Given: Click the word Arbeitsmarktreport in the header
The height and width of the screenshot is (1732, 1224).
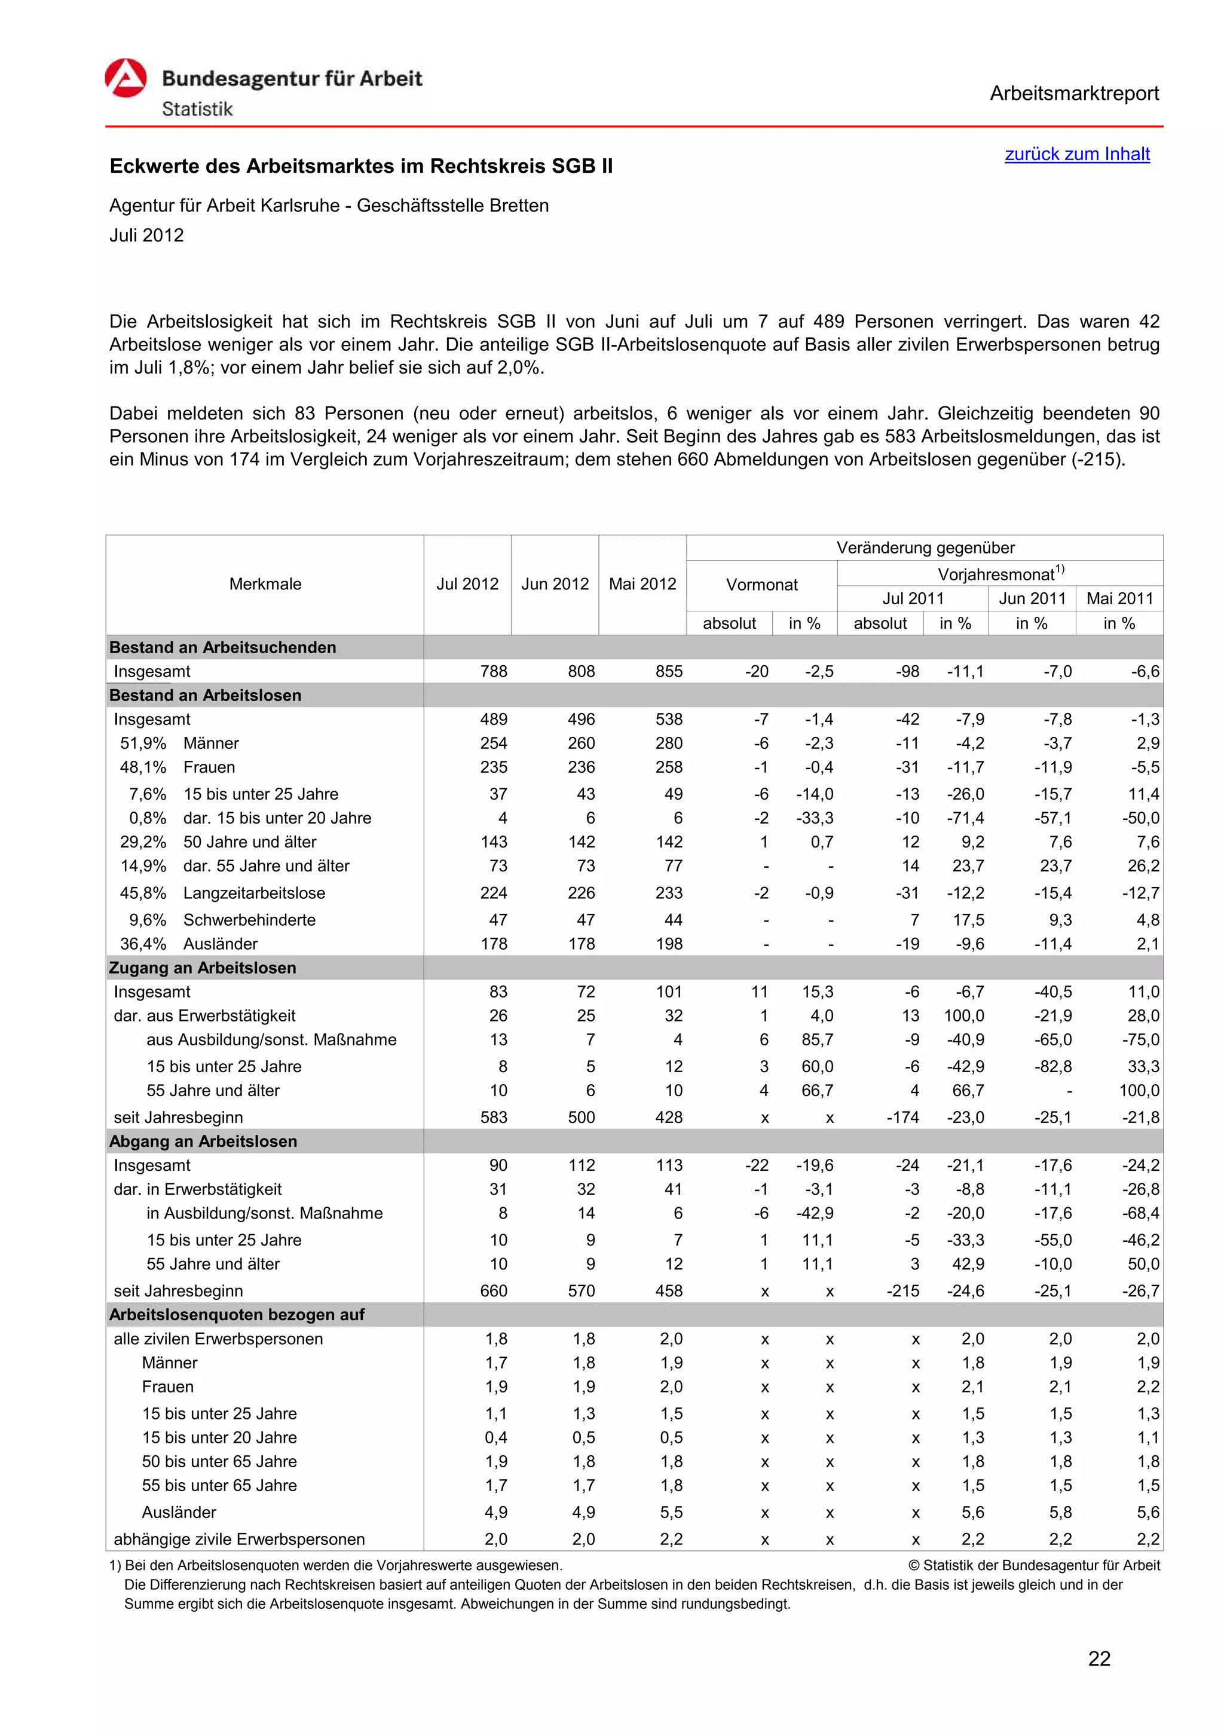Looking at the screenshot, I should click(x=1074, y=94).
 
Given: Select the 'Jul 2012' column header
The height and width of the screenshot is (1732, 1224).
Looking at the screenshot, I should click(x=467, y=584).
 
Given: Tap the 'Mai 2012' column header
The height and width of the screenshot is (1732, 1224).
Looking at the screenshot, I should click(x=642, y=584).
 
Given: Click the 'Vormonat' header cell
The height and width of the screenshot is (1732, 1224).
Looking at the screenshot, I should click(x=761, y=585).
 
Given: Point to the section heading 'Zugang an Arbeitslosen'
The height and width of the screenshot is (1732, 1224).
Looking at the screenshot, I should click(x=203, y=968).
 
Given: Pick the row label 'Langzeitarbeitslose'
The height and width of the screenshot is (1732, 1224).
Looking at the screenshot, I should click(x=254, y=893).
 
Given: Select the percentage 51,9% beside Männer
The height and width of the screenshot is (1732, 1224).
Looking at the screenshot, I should click(x=143, y=743).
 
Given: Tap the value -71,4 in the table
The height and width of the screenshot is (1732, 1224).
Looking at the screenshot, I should click(x=965, y=818).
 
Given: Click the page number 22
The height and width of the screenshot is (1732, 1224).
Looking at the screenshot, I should click(x=1099, y=1659).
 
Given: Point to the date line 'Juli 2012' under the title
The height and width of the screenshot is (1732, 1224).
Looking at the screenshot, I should click(x=146, y=235).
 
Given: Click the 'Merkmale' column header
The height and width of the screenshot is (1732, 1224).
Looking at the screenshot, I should click(x=265, y=584).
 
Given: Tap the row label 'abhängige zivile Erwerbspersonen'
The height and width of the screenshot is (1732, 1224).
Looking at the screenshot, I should click(x=239, y=1539).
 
